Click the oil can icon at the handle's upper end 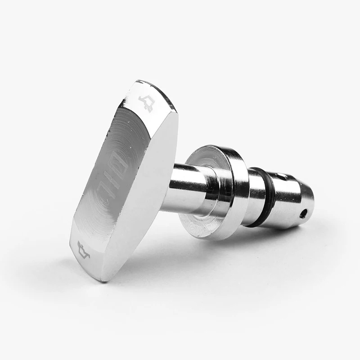point(145,103)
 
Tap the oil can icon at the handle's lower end point(84,250)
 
